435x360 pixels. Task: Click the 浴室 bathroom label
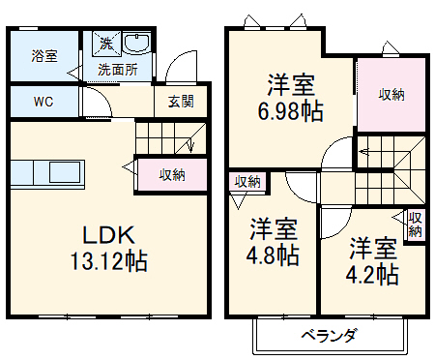[44, 55]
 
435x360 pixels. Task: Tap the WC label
[43, 101]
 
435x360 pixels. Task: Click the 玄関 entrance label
[181, 102]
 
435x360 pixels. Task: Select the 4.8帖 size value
[275, 255]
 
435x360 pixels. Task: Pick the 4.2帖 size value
[373, 274]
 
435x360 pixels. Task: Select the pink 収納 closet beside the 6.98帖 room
[391, 94]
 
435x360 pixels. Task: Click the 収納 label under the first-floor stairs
[172, 174]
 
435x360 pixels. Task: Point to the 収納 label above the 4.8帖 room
[246, 182]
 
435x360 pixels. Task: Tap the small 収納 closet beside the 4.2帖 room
[415, 225]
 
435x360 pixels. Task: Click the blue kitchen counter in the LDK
[47, 173]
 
